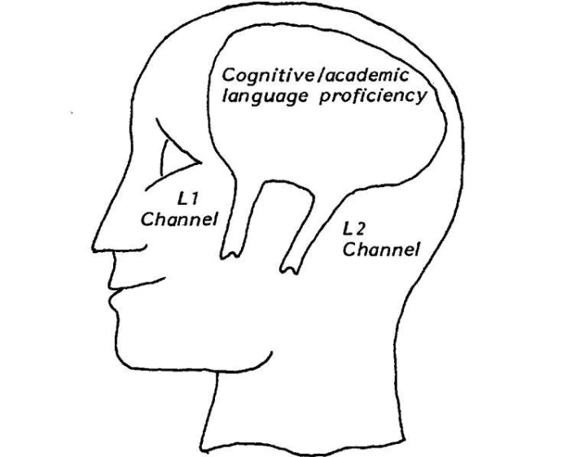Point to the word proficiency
coord(372,97)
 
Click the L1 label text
coord(186,199)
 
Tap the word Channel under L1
coord(179,220)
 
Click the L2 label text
coord(355,229)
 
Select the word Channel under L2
coord(381,250)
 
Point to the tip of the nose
coord(93,250)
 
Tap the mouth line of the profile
coord(138,285)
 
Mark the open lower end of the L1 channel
coord(230,254)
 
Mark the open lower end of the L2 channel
coord(290,269)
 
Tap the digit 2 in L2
coord(361,229)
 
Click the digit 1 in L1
coord(194,199)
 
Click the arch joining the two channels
coord(287,184)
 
